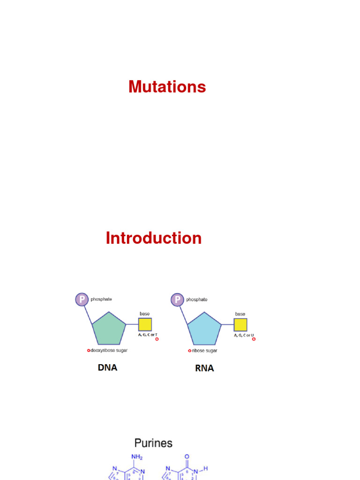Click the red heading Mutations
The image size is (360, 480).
(167, 87)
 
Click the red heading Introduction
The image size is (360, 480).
(153, 238)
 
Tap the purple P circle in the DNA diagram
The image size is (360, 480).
(82, 299)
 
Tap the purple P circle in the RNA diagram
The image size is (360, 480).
(177, 299)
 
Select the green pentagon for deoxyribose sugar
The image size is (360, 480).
(109, 329)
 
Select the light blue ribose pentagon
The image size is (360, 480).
(204, 329)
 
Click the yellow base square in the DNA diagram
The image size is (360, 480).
(145, 324)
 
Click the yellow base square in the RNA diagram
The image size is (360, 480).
(240, 324)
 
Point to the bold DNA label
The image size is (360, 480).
(107, 368)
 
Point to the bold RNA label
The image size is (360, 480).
(204, 368)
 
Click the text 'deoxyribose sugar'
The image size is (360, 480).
(109, 350)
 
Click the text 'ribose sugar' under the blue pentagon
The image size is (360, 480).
(204, 350)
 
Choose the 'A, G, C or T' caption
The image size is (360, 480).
(148, 335)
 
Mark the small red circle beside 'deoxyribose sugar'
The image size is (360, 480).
(88, 350)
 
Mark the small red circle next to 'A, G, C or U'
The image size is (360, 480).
(254, 339)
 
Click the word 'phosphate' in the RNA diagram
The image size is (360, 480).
(197, 299)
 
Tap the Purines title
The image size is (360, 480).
(153, 443)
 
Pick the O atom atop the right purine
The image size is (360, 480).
(187, 457)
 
